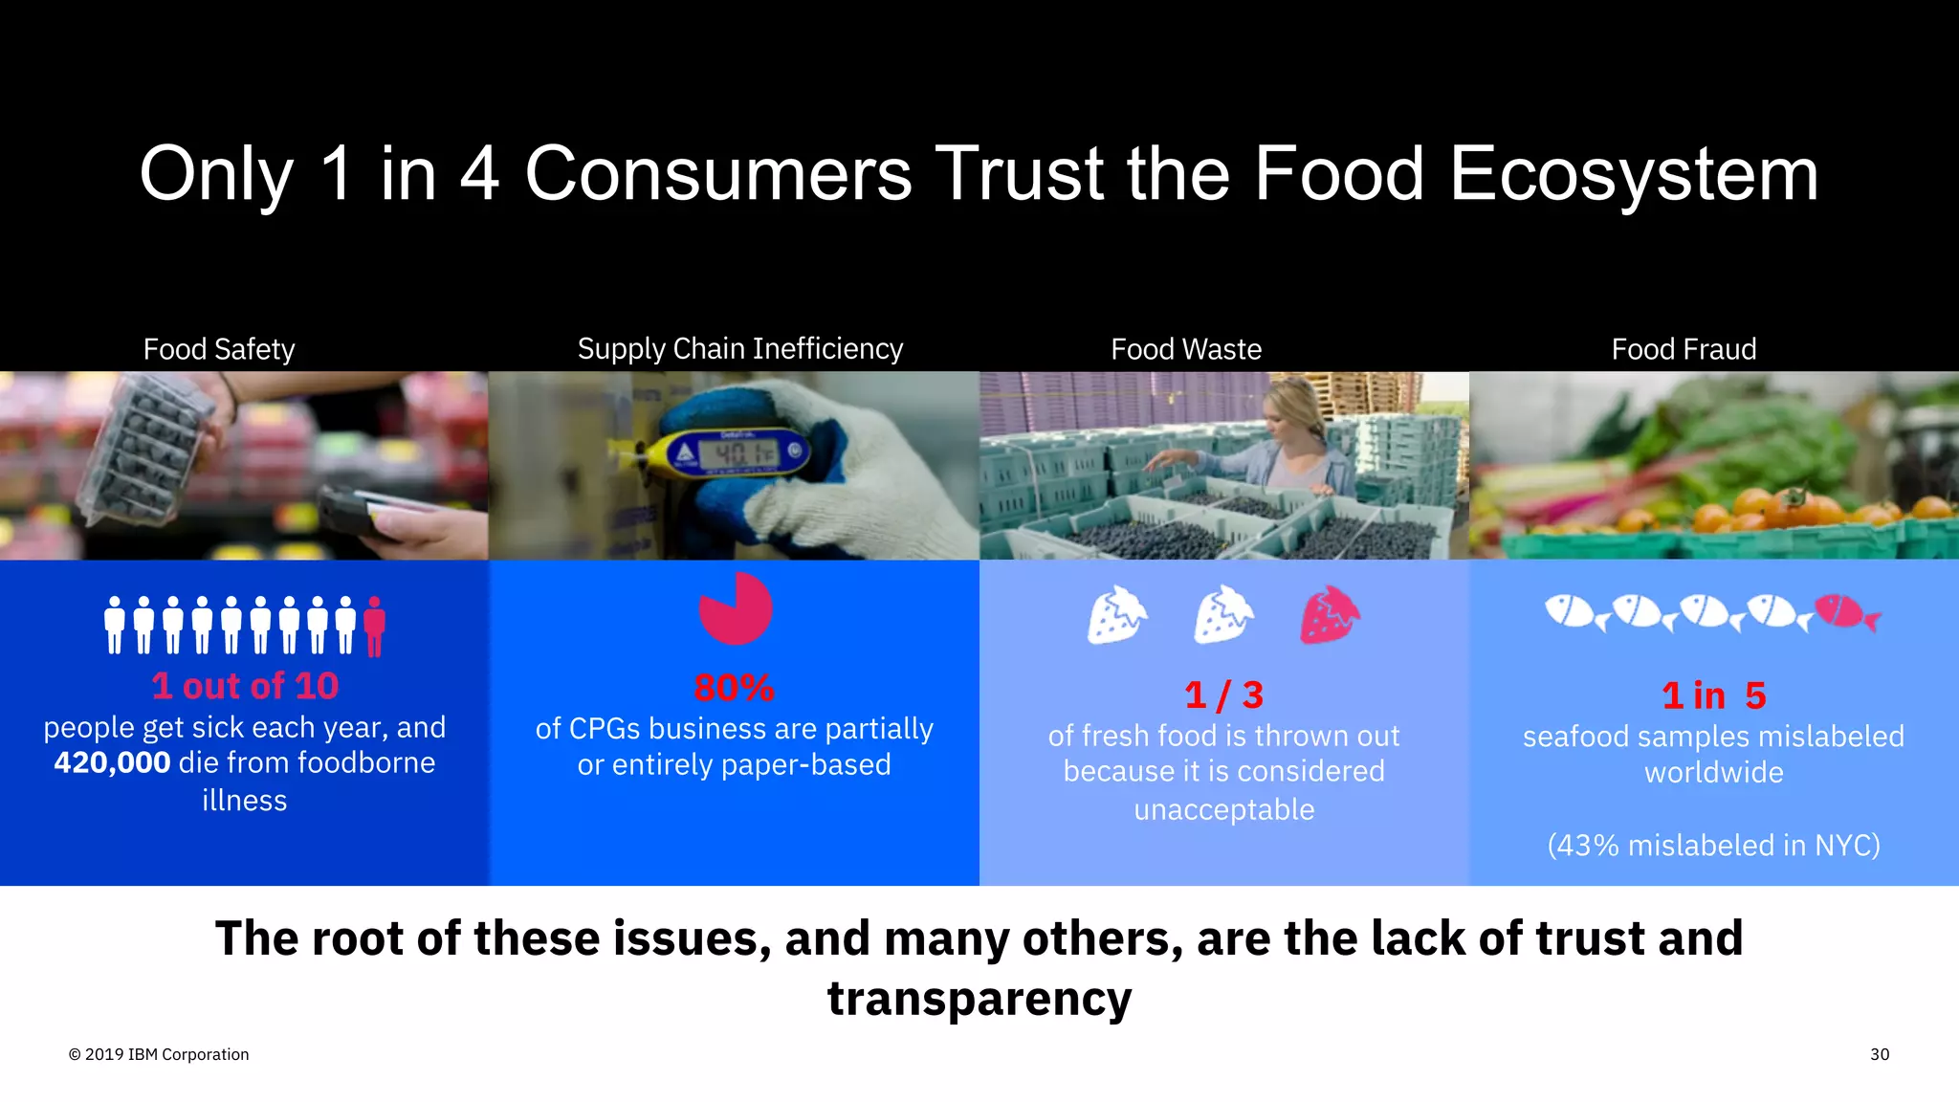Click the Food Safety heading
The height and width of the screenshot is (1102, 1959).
pyautogui.click(x=219, y=349)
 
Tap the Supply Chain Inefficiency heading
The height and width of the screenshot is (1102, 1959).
pyautogui.click(x=739, y=348)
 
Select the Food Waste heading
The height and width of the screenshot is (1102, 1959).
pyautogui.click(x=1186, y=349)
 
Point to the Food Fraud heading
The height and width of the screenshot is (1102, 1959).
pyautogui.click(x=1684, y=349)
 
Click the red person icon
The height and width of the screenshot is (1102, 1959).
pyautogui.click(x=375, y=627)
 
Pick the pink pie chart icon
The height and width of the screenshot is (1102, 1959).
pyautogui.click(x=735, y=609)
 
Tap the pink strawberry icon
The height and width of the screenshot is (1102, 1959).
pyautogui.click(x=1329, y=615)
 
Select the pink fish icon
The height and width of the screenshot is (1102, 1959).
pyautogui.click(x=1846, y=612)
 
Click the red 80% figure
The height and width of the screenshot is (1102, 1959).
pyautogui.click(x=734, y=688)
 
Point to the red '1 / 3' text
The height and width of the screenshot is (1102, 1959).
pyautogui.click(x=1223, y=695)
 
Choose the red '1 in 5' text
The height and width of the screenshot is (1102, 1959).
pyautogui.click(x=1713, y=695)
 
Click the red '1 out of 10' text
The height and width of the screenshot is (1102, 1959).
pyautogui.click(x=245, y=686)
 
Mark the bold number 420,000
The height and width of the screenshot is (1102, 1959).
pyautogui.click(x=112, y=762)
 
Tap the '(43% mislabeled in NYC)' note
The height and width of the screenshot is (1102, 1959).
pyautogui.click(x=1713, y=846)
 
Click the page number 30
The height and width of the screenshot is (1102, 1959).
pyautogui.click(x=1879, y=1054)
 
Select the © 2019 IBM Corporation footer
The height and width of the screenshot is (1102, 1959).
pyautogui.click(x=159, y=1054)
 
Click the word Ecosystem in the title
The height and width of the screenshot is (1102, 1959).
pyautogui.click(x=1633, y=175)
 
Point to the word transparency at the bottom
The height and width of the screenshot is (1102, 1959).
pyautogui.click(x=979, y=999)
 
